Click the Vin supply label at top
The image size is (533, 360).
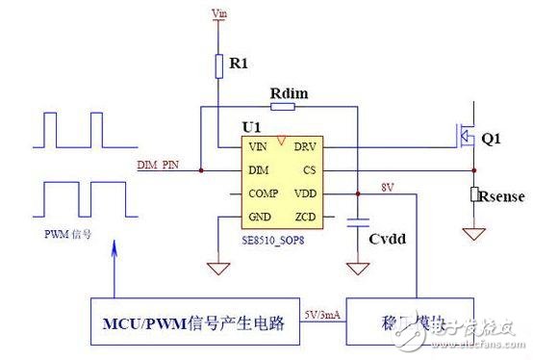[x=218, y=13]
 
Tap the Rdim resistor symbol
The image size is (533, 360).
[x=282, y=107]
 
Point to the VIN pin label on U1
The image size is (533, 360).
[x=258, y=148]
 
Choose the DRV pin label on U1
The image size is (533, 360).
[x=304, y=148]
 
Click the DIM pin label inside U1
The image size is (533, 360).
[x=258, y=170]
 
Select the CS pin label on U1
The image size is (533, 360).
[x=309, y=170]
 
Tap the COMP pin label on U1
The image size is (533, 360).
[x=263, y=193]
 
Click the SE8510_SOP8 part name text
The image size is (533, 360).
[x=274, y=236]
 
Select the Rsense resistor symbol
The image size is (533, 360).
[x=473, y=195]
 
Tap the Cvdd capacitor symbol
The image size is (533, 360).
[x=357, y=220]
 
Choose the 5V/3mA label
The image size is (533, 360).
[x=320, y=313]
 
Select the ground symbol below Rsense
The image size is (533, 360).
[x=473, y=232]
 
